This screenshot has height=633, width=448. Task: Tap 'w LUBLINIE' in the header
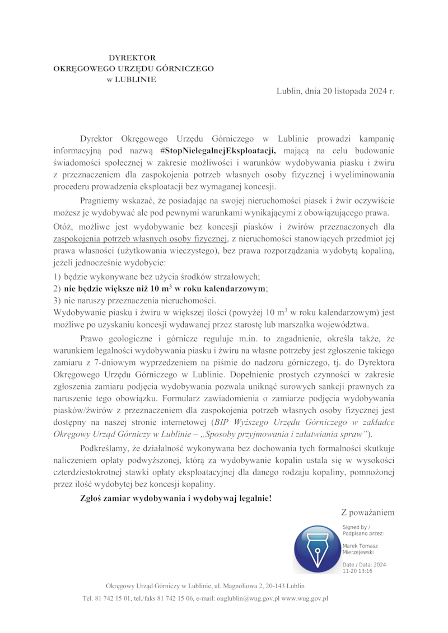[x=132, y=79]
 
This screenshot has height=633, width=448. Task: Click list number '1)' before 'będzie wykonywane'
[x=57, y=277]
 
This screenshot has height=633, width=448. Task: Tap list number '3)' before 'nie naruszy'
[x=57, y=301]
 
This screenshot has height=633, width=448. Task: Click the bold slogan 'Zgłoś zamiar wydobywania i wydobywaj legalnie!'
[x=176, y=498]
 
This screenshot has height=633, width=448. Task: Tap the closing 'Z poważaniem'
[x=367, y=512]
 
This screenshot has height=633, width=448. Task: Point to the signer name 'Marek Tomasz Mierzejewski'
[x=360, y=548]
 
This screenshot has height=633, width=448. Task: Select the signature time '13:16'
[x=365, y=571]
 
